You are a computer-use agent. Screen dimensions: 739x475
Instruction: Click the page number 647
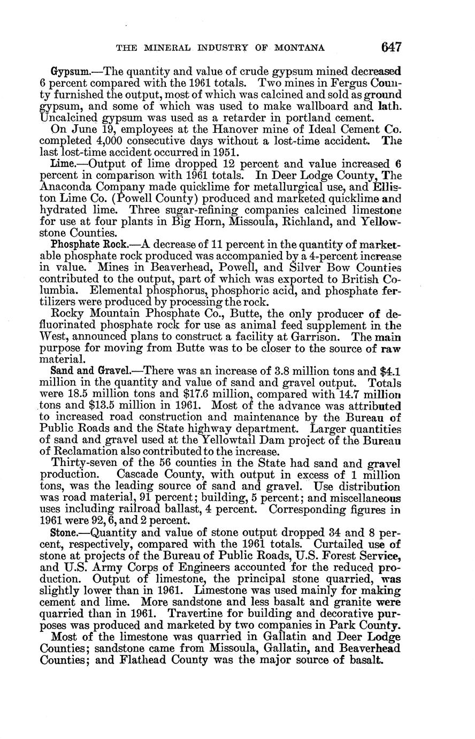point(391,47)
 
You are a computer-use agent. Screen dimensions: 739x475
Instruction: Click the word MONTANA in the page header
point(300,48)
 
